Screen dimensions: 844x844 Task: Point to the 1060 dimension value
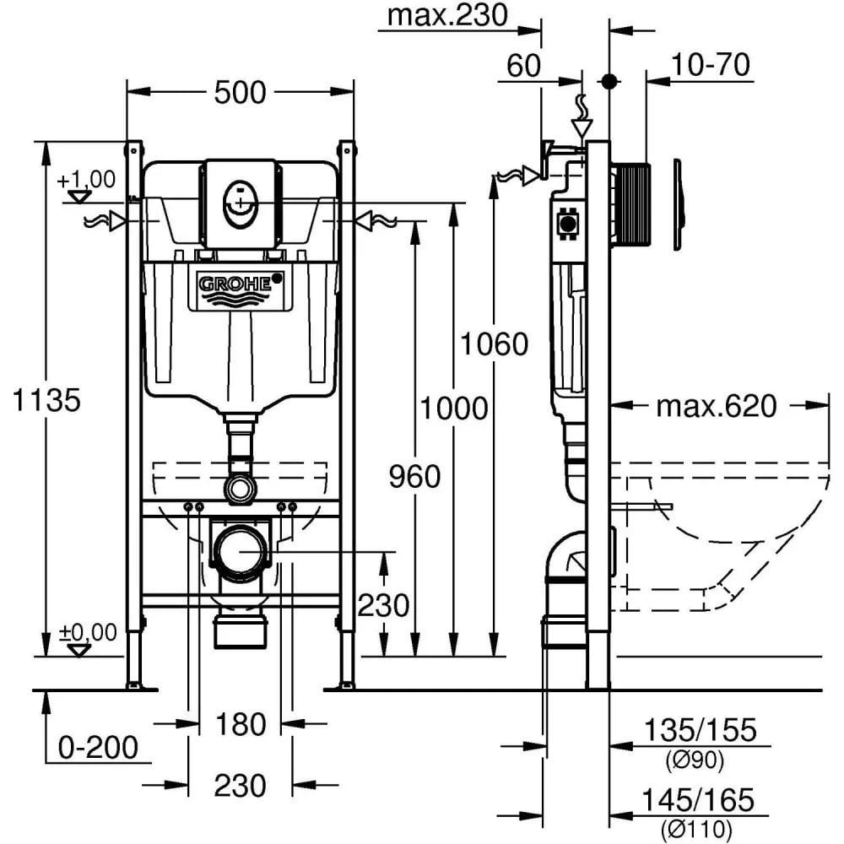(494, 344)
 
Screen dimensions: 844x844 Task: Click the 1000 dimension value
(455, 408)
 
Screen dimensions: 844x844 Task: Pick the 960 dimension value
(414, 477)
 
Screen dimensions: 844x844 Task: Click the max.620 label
(716, 407)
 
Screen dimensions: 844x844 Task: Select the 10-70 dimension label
(711, 66)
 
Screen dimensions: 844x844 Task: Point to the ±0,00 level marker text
(88, 631)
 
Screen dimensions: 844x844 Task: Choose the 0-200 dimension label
(98, 746)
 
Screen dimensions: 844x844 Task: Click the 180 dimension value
(240, 724)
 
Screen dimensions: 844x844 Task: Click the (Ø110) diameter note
(697, 829)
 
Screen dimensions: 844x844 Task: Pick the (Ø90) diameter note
(697, 760)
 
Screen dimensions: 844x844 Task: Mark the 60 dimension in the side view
(524, 66)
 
